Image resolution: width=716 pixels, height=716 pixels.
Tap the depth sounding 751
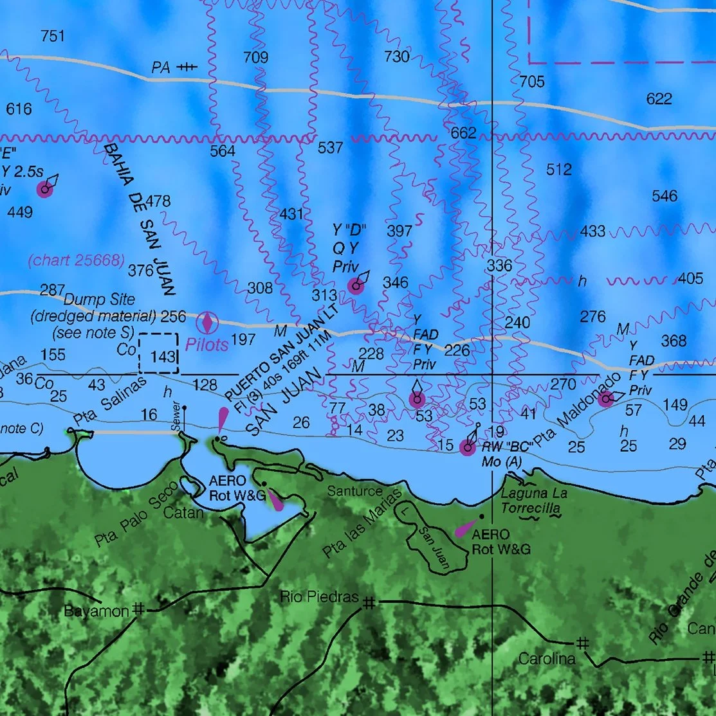[x=52, y=36]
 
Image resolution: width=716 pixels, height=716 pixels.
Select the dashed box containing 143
[x=158, y=352]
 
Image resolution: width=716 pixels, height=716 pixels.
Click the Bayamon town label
[x=96, y=611]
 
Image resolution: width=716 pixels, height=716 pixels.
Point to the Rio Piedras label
[x=319, y=597]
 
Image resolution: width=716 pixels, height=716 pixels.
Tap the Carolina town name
[x=546, y=659]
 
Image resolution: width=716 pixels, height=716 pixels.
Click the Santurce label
[x=354, y=492]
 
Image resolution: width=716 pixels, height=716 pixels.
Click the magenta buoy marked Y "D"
[x=356, y=287]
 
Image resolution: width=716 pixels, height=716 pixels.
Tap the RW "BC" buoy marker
[x=468, y=448]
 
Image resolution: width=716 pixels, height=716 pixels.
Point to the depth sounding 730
[x=396, y=57]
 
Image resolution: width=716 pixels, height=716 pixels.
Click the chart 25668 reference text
[x=76, y=260]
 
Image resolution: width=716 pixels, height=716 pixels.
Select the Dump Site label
[x=100, y=300]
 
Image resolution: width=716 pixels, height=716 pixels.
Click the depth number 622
[x=659, y=98]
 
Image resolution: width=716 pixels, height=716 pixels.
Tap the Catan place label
[x=183, y=512]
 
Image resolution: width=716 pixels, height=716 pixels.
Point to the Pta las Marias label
[x=362, y=524]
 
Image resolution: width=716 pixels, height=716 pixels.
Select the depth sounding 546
[x=665, y=196]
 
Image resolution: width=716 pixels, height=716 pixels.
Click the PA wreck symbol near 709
[x=187, y=67]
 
